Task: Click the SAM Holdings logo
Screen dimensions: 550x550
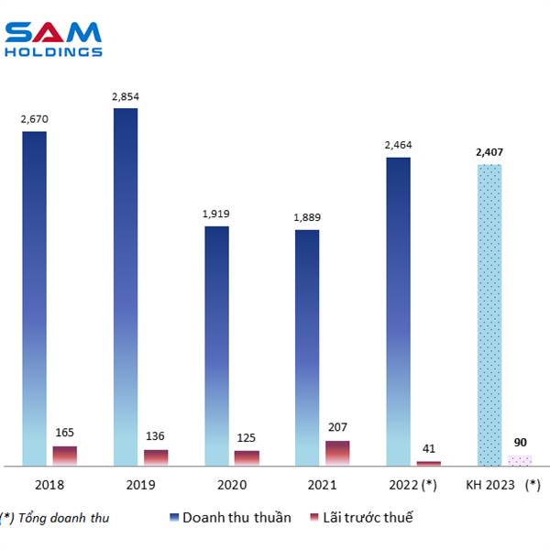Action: [x=53, y=38]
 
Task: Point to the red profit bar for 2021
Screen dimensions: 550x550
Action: [x=337, y=453]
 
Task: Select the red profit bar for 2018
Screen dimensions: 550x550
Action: [x=65, y=456]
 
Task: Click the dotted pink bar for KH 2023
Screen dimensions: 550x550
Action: [x=520, y=460]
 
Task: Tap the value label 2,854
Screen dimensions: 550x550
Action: [x=126, y=96]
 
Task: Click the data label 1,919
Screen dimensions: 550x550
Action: [x=216, y=214]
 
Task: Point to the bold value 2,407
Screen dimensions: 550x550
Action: [x=489, y=152]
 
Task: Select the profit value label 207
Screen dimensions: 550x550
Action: [x=337, y=427]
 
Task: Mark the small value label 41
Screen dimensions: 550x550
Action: [x=428, y=448]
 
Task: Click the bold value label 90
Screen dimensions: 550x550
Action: [x=520, y=442]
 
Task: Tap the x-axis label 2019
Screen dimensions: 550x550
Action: [x=126, y=483]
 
